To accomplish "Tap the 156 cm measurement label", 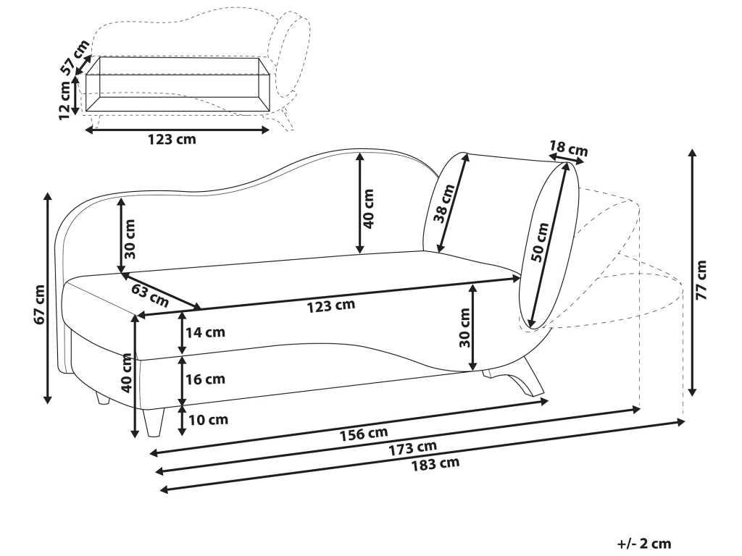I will point(363,434).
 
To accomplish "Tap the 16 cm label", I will point(206,379).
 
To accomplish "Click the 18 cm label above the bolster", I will point(567,150).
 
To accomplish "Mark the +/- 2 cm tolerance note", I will point(644,543).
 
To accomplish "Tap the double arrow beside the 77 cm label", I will point(692,272).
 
